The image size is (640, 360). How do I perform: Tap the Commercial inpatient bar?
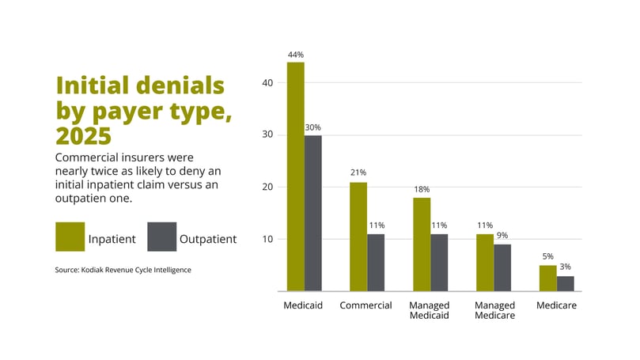point(358,237)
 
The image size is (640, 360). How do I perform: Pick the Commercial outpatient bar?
point(376,263)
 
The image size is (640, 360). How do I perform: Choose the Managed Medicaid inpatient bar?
point(422,244)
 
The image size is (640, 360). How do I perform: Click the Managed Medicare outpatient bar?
point(502,267)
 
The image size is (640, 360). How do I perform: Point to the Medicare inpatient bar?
point(547,279)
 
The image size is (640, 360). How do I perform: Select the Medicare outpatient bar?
point(565,283)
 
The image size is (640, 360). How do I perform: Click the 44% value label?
point(296,55)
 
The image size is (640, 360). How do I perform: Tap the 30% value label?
point(313,127)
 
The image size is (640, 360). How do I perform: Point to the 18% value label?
point(422,190)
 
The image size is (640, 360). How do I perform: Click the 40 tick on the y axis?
point(267,82)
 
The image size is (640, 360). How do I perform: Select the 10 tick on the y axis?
point(267,239)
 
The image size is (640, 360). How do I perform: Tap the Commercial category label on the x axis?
point(366,305)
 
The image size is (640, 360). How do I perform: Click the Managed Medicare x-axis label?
point(494,310)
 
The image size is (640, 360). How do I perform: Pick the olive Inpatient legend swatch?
point(70,237)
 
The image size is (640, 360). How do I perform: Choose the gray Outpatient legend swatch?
point(162,237)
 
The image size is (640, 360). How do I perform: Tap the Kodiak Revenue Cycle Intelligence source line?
point(123,270)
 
